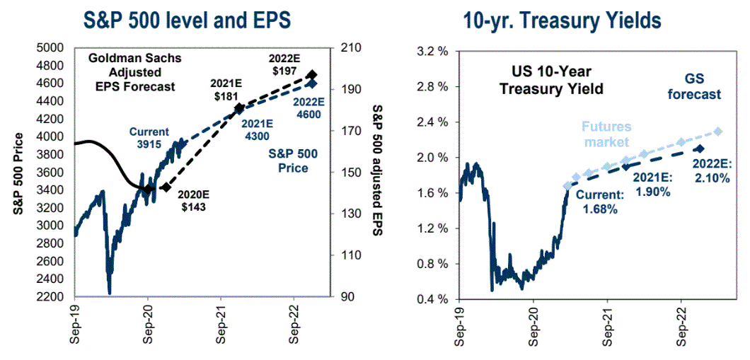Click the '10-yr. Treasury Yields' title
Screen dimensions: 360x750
click(x=562, y=19)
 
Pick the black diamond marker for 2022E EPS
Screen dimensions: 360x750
click(x=312, y=75)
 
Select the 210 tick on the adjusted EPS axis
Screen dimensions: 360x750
click(x=352, y=47)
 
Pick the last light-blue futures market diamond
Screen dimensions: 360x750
click(x=718, y=132)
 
